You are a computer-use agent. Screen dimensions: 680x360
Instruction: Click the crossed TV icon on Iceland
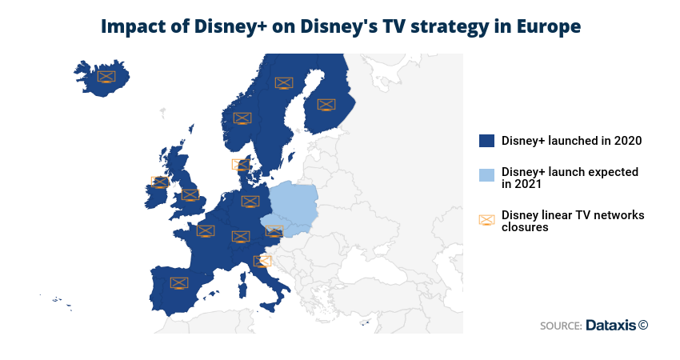[106, 78]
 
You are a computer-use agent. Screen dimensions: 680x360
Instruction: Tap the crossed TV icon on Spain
[179, 283]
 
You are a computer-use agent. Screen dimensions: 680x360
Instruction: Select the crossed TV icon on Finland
[326, 105]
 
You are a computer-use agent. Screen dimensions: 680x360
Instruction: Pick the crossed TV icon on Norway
[242, 118]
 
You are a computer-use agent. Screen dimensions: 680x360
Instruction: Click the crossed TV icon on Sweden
[284, 83]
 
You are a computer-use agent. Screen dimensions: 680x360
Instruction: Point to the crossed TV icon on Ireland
[160, 182]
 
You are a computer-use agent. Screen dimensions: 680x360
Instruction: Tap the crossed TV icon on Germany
[250, 202]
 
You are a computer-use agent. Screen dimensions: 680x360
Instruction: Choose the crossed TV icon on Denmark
[241, 165]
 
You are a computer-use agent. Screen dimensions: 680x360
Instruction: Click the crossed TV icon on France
[206, 230]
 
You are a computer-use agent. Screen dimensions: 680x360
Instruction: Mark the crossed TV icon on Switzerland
[241, 236]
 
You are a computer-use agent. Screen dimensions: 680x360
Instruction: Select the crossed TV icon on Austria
[274, 231]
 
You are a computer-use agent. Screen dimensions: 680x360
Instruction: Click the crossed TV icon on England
[190, 195]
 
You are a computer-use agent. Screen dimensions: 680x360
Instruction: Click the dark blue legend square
[486, 141]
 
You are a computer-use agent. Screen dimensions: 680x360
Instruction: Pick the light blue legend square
[486, 174]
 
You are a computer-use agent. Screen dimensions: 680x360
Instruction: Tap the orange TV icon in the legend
[486, 220]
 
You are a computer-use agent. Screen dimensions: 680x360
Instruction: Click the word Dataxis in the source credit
[611, 326]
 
